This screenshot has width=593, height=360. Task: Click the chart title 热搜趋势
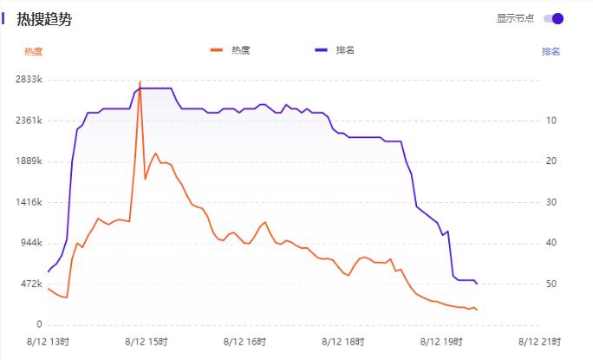[x=43, y=19]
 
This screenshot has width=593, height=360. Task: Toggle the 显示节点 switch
[x=553, y=18]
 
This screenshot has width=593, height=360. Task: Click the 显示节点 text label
[x=515, y=18]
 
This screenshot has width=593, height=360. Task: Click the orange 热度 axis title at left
[x=33, y=51]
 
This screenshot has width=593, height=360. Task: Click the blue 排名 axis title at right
[x=551, y=51]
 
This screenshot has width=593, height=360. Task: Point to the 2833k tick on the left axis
[x=28, y=80]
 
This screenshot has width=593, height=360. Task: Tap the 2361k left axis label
[x=28, y=121]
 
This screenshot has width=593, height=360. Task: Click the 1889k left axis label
[x=28, y=161]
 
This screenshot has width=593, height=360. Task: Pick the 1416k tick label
[x=28, y=202]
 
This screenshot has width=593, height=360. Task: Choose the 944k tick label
[x=30, y=243]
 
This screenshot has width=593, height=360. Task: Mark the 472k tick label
[x=30, y=284]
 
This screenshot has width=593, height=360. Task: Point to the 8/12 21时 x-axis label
[x=540, y=342]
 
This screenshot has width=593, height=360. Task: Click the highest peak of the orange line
[x=140, y=82]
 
